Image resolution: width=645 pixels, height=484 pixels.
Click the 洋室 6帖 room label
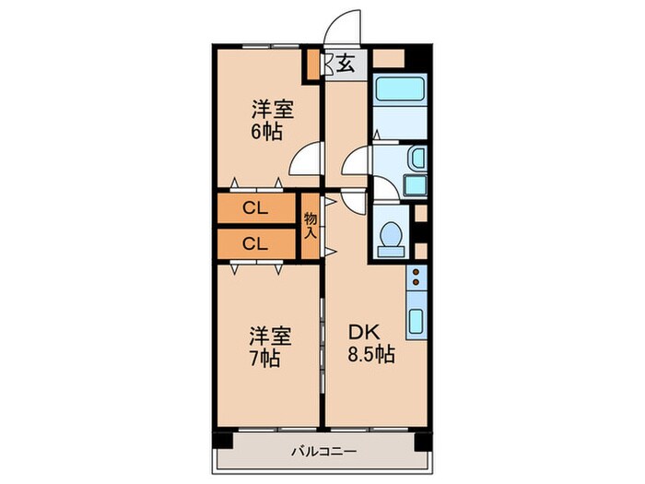272,118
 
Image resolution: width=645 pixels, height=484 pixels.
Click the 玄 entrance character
345,65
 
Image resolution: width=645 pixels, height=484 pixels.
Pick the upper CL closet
256,209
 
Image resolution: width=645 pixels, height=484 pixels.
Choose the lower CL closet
256,243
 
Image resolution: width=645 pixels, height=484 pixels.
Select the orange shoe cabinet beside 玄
314,65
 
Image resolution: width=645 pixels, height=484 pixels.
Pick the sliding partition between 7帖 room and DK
322,346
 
